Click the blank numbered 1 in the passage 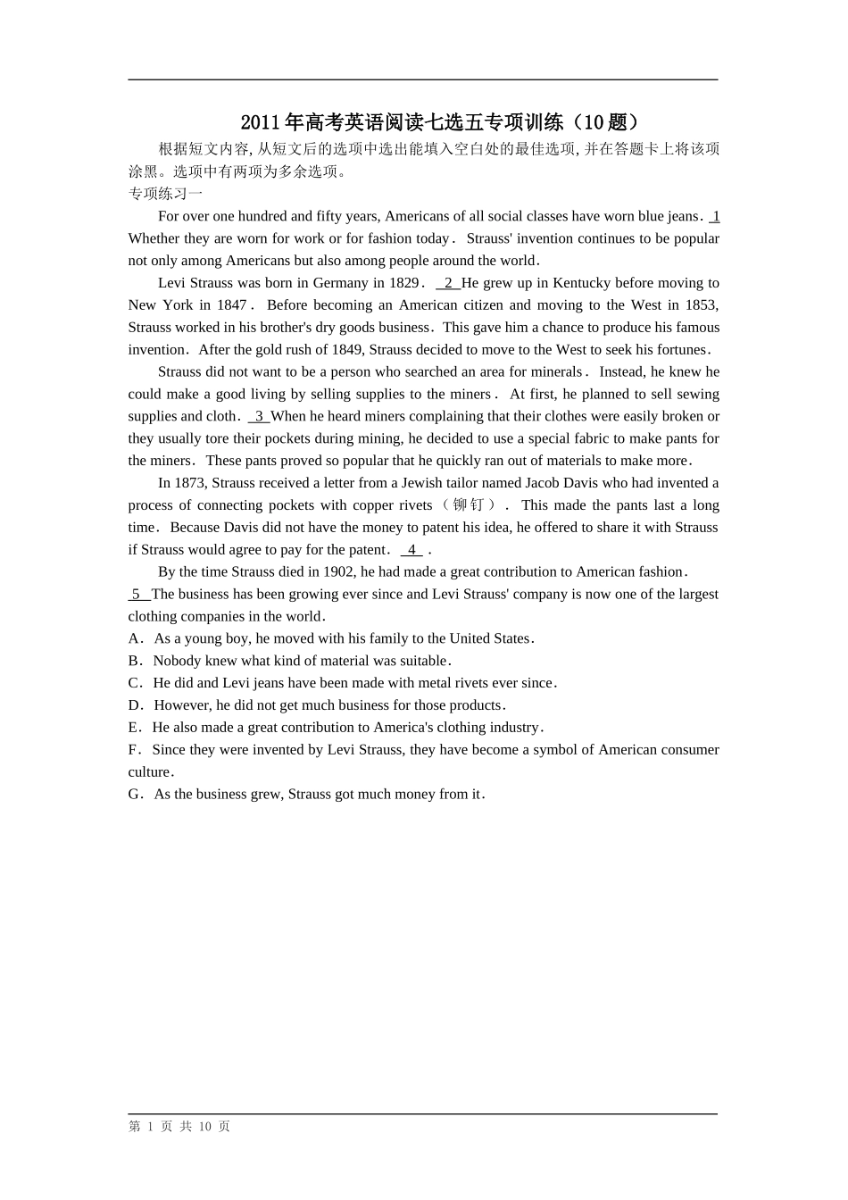[715, 216]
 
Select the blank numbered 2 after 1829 [448, 283]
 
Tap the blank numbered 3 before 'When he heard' [259, 416]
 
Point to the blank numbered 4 [412, 550]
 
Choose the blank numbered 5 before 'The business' [137, 595]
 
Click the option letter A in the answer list [134, 639]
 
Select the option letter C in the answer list [134, 684]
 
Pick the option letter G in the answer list [135, 795]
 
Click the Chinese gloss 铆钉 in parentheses [469, 505]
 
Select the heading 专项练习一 [165, 194]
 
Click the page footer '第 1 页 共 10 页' [179, 1127]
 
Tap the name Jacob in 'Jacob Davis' [542, 483]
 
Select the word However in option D [183, 706]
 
